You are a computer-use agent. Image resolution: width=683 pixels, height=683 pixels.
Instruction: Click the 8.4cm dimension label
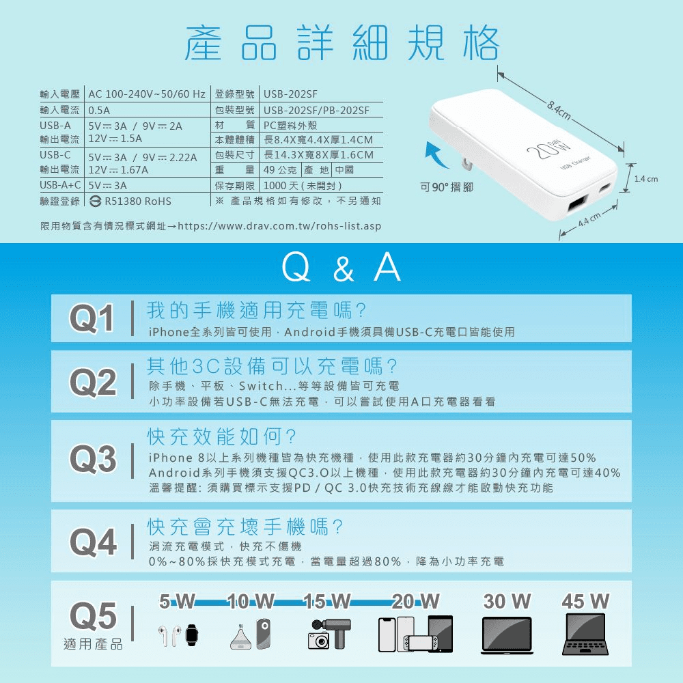559,111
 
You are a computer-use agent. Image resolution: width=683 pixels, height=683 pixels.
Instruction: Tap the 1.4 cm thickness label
646,179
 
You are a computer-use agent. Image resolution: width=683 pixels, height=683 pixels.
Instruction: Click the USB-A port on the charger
576,206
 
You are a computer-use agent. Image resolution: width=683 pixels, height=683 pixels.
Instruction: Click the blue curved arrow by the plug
437,154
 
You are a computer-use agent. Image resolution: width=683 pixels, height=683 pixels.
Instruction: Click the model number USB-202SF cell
290,94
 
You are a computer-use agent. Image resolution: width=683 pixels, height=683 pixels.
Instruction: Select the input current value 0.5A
99,110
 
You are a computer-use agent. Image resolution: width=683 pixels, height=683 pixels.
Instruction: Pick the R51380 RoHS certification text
130,201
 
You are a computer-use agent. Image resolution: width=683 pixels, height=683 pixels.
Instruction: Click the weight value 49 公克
280,170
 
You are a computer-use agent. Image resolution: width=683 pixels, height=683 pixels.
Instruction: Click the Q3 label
93,459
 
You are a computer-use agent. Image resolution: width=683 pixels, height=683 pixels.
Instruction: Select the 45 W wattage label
585,602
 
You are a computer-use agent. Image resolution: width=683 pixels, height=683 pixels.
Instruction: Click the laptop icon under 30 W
507,635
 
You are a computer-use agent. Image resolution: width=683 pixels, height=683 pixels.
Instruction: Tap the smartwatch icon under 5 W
192,635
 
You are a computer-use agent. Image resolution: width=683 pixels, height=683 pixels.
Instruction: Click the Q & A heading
341,268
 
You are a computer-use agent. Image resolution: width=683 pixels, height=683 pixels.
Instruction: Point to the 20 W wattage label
415,602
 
